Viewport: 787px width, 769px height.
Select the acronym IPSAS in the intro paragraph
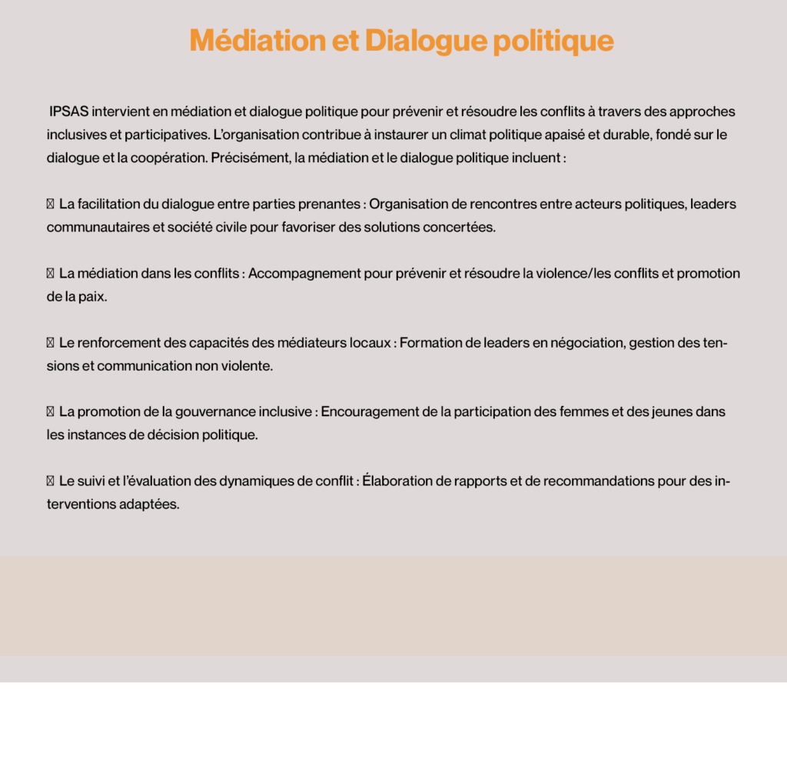pyautogui.click(x=69, y=112)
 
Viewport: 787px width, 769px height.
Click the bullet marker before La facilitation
pyautogui.click(x=50, y=205)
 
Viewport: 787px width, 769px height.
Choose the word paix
pyautogui.click(x=91, y=297)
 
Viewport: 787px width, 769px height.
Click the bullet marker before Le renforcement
pyautogui.click(x=50, y=343)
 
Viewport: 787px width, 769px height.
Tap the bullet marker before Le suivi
pyautogui.click(x=50, y=481)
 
